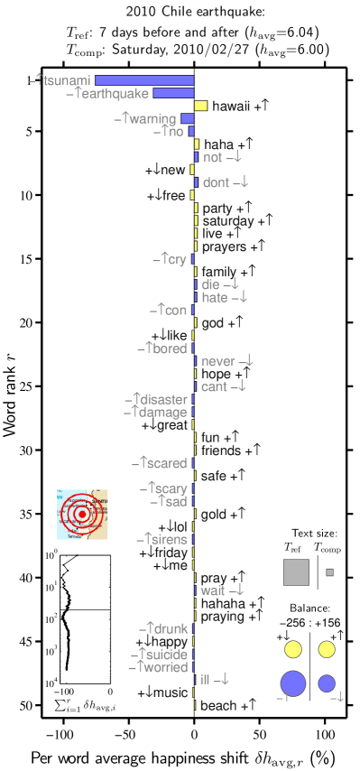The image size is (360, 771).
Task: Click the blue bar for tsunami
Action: [144, 80]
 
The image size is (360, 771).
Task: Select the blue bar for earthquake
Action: [173, 93]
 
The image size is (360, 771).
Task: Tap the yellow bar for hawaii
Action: [201, 106]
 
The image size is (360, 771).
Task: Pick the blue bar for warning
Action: [188, 118]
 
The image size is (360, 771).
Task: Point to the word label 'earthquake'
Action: [114, 93]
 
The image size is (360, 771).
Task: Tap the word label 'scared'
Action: [165, 463]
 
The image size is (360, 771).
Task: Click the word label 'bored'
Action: [169, 348]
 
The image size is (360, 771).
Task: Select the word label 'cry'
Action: [175, 260]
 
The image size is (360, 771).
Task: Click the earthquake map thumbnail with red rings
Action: [82, 515]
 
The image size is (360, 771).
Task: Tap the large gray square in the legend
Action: [296, 572]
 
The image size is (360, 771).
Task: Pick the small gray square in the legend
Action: [330, 572]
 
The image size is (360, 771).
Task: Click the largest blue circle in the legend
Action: [293, 683]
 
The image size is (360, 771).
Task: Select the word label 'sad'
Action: [174, 502]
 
